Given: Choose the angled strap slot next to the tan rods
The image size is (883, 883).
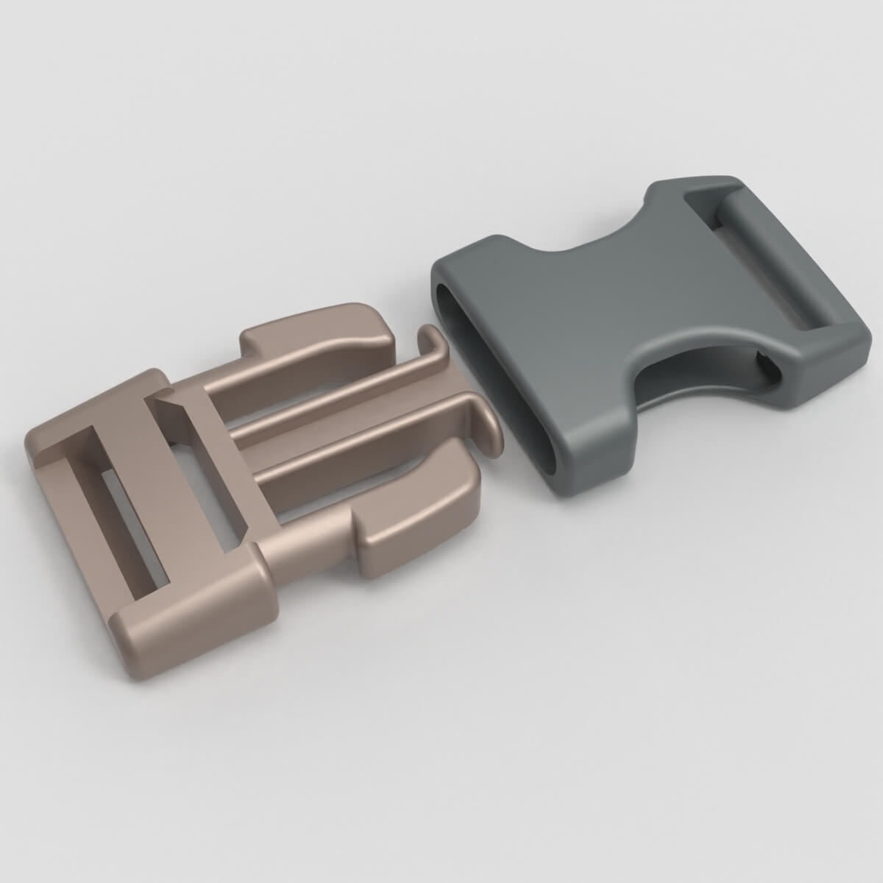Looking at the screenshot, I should pos(206,471).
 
